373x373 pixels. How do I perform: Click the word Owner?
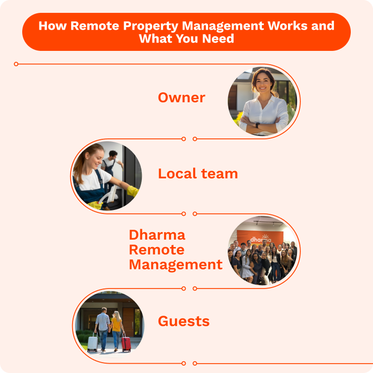pyautogui.click(x=181, y=98)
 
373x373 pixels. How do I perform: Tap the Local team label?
pyautogui.click(x=198, y=174)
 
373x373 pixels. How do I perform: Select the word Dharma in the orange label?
pyautogui.click(x=157, y=234)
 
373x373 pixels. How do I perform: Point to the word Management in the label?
pyautogui.click(x=175, y=264)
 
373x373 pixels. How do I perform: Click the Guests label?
pyautogui.click(x=184, y=321)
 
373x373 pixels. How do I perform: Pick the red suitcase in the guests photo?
pyautogui.click(x=126, y=342)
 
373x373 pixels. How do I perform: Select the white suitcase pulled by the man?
pyautogui.click(x=93, y=342)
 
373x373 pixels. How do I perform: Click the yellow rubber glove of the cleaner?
pyautogui.click(x=132, y=191)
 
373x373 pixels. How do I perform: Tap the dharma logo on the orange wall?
pyautogui.click(x=260, y=239)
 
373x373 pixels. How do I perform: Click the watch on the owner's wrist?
pyautogui.click(x=257, y=125)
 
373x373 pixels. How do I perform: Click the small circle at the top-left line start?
pyautogui.click(x=16, y=64)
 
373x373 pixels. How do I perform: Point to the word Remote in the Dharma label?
pyautogui.click(x=157, y=249)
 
